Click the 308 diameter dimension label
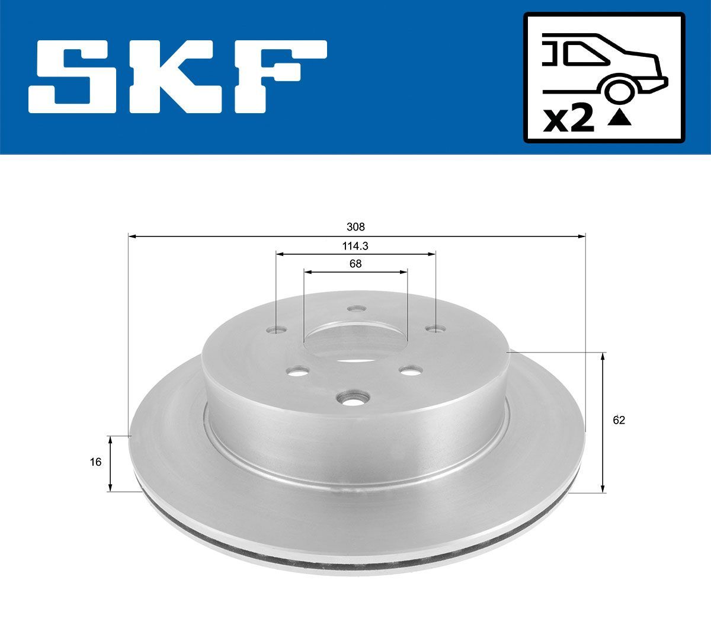point(356,227)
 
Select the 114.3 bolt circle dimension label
point(356,245)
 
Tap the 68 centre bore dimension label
point(355,264)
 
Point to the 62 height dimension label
point(619,420)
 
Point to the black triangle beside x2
point(619,119)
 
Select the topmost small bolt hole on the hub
point(356,309)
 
